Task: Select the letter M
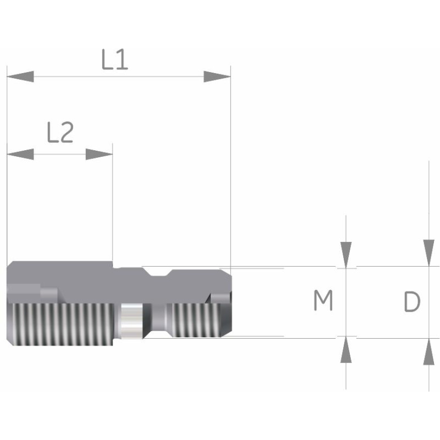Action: pos(323,301)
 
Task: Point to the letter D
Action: pos(412,301)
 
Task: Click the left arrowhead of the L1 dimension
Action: pos(20,76)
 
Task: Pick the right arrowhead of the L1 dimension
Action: pos(217,76)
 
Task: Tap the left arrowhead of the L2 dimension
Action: pos(20,154)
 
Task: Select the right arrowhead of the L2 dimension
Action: pos(100,154)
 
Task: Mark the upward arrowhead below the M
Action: pos(345,350)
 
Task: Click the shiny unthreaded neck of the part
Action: pos(131,322)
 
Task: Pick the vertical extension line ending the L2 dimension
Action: pos(113,209)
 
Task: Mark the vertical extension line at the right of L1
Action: pos(230,165)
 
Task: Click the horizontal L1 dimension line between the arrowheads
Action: pos(118,76)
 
